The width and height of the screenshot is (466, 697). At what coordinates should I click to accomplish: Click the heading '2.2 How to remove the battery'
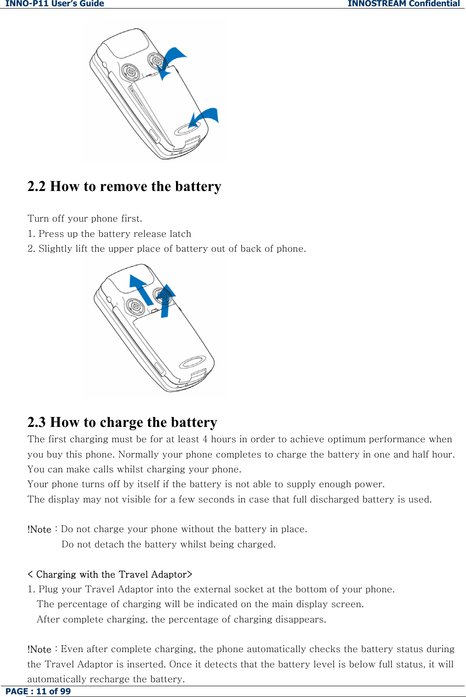124,186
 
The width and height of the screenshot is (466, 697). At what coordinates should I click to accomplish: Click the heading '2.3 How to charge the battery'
122,422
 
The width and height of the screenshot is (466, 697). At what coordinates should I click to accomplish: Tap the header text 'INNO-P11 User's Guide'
55,4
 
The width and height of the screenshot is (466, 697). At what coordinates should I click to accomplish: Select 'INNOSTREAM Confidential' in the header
404,4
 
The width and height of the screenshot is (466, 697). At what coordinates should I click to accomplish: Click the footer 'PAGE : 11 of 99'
38,691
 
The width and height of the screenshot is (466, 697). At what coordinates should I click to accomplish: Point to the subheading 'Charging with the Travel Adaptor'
110,574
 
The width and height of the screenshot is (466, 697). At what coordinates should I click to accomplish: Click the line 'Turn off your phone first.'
85,218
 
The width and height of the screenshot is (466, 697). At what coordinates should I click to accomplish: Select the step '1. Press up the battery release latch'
110,234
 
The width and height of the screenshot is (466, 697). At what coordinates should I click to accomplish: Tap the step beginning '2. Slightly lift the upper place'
167,249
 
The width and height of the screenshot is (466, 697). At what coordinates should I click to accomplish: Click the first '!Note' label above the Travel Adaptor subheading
40,529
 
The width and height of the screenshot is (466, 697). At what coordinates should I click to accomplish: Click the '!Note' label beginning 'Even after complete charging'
40,649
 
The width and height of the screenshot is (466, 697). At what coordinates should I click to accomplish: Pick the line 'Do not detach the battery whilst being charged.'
168,544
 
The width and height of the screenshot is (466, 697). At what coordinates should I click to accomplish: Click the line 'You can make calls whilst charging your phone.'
134,469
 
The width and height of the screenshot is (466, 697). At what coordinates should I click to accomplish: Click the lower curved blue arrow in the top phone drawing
205,117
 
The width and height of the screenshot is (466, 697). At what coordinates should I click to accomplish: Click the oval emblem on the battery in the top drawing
188,129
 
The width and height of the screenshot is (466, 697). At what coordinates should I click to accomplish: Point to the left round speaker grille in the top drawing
130,71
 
